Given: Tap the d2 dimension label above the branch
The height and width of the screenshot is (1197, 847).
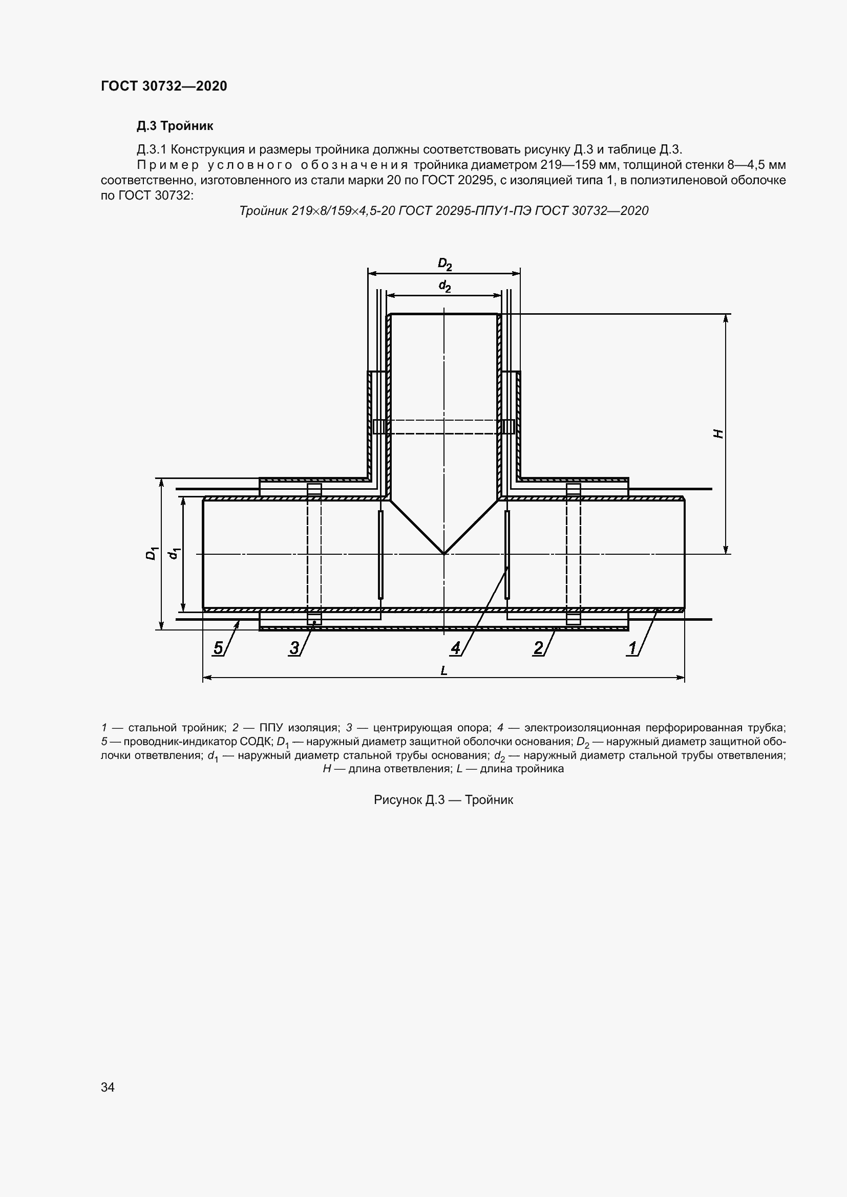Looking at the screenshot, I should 444,286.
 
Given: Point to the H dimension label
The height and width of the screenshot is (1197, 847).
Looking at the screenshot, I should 718,433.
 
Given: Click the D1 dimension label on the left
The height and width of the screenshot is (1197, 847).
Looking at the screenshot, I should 151,553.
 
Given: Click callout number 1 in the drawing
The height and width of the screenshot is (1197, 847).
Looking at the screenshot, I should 633,648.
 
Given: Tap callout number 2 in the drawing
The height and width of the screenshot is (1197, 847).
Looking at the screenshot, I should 538,648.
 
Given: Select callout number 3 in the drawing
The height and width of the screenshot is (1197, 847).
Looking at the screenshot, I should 294,648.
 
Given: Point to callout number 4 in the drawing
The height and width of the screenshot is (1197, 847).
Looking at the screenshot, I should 456,648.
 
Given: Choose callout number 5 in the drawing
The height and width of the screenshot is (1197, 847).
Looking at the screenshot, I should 218,648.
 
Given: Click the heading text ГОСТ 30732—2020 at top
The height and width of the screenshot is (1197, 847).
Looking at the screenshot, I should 164,86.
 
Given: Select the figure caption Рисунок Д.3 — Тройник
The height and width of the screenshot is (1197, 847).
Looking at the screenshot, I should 443,800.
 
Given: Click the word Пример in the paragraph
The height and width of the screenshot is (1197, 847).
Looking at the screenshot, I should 167,166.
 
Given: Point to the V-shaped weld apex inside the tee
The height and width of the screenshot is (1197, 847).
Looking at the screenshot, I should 443,553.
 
